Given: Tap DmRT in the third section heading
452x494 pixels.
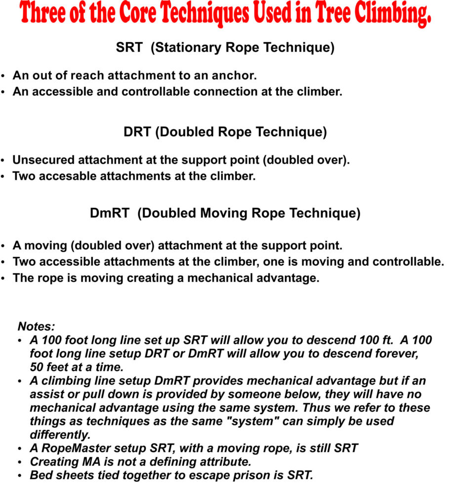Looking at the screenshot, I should [110, 213].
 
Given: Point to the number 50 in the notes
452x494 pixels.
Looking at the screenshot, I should [37, 368].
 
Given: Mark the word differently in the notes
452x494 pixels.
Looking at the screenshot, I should [60, 435].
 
